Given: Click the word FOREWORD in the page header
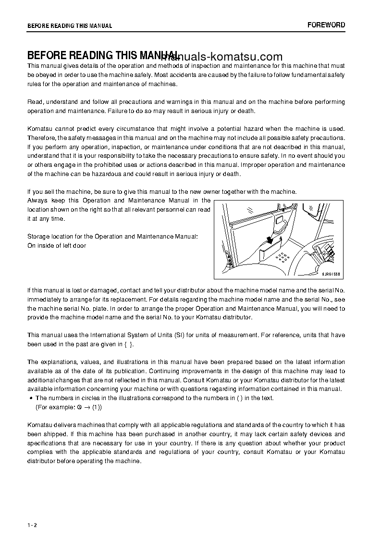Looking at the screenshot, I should pyautogui.click(x=326, y=25).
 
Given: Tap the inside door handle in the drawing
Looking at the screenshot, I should pyautogui.click(x=281, y=222).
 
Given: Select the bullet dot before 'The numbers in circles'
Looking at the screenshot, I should pyautogui.click(x=31, y=398).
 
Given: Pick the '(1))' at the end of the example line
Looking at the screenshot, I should pyautogui.click(x=97, y=407).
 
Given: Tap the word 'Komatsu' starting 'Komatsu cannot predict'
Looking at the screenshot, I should pyautogui.click(x=39, y=128).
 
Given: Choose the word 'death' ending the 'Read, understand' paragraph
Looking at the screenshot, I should pyautogui.click(x=246, y=111).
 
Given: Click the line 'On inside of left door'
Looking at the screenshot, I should pyautogui.click(x=57, y=246).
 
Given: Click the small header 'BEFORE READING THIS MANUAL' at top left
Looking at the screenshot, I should pyautogui.click(x=70, y=25).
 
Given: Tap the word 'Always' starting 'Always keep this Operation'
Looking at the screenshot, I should pyautogui.click(x=37, y=201).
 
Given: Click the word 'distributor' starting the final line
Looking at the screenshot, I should pyautogui.click(x=41, y=461).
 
